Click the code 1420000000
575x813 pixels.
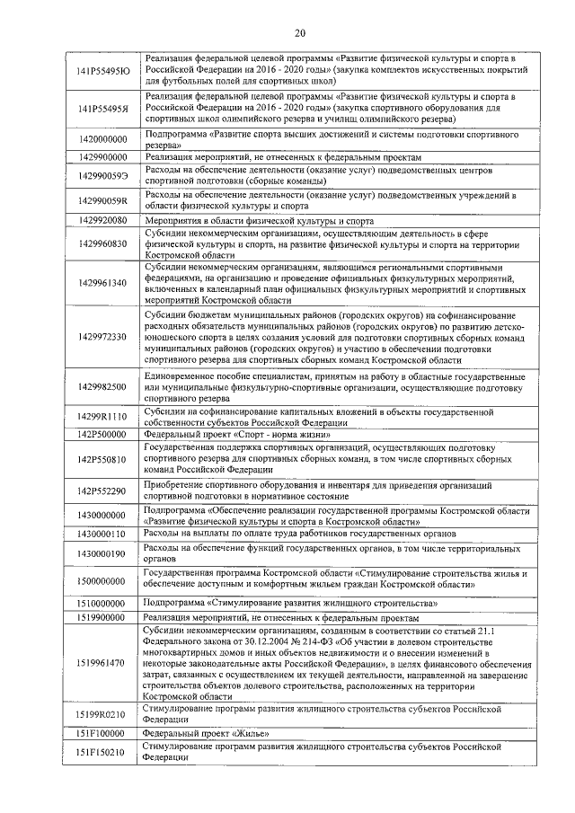pyautogui.click(x=102, y=139)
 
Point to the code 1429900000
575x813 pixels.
pyautogui.click(x=102, y=156)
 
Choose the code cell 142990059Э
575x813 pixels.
pyautogui.click(x=102, y=175)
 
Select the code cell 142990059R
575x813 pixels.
pyautogui.click(x=102, y=200)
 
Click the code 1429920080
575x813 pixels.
pyautogui.click(x=102, y=220)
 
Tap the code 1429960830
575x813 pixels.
pyautogui.click(x=102, y=243)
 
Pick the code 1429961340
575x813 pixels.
pyautogui.click(x=102, y=283)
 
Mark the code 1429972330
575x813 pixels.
pyautogui.click(x=102, y=336)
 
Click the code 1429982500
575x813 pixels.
pyautogui.click(x=102, y=386)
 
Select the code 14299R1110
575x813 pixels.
pyautogui.click(x=102, y=417)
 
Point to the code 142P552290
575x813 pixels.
pyautogui.click(x=102, y=491)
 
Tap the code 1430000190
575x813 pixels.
pyautogui.click(x=102, y=554)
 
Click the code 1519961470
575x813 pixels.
pyautogui.click(x=102, y=663)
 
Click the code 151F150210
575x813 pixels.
pyautogui.click(x=102, y=752)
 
